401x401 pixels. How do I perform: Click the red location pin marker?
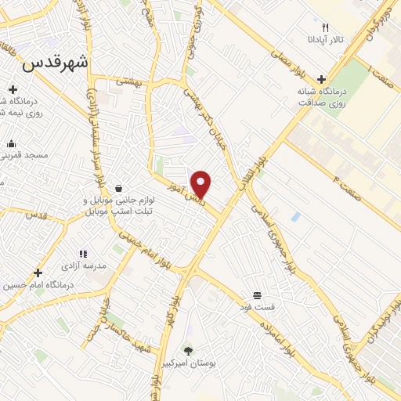202,185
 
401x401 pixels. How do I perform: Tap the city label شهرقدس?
56,64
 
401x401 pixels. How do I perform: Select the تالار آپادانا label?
325,38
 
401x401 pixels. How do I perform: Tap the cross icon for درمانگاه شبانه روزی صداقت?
322,79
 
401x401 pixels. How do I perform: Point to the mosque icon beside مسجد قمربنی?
12,143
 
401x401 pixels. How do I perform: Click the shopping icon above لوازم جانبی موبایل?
117,189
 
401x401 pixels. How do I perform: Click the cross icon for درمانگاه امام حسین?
38,273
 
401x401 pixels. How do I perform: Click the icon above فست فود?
256,295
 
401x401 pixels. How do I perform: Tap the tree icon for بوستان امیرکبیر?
187,351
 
